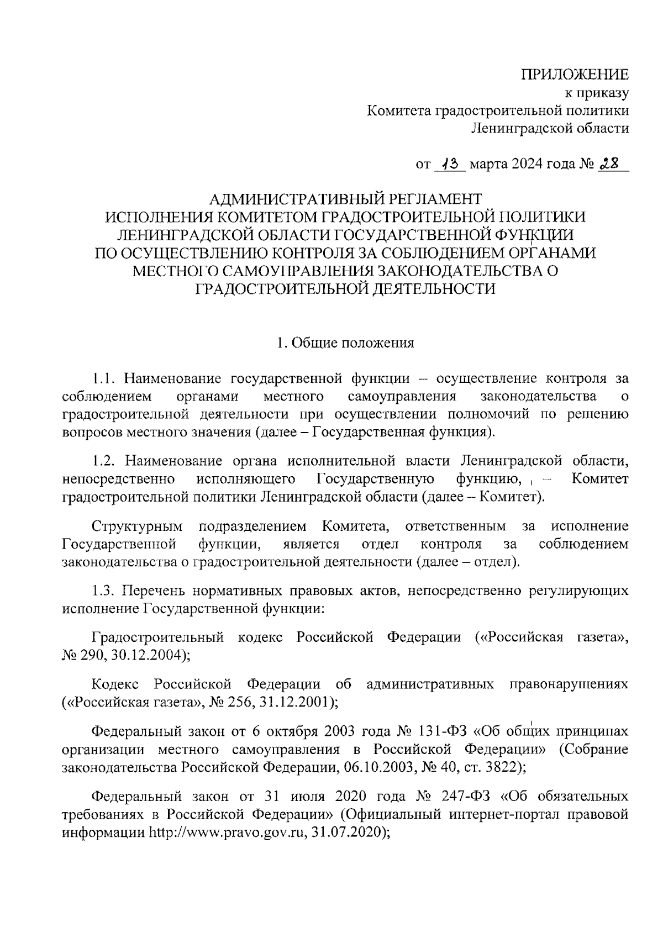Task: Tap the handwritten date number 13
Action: (x=451, y=164)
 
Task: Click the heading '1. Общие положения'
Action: (x=345, y=343)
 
